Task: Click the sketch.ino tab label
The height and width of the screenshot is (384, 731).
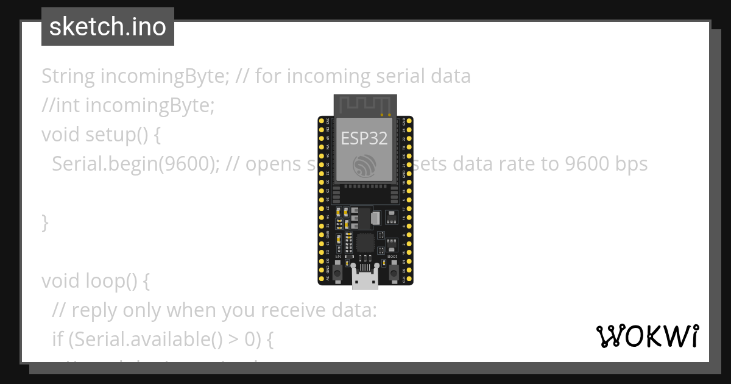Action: (108, 27)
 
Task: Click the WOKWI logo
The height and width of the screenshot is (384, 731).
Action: (647, 336)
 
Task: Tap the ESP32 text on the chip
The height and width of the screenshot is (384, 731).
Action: (364, 138)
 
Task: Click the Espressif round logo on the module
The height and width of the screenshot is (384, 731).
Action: (365, 165)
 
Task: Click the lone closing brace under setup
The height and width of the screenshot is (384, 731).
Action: (44, 222)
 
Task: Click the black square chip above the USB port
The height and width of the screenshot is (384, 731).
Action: (365, 243)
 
